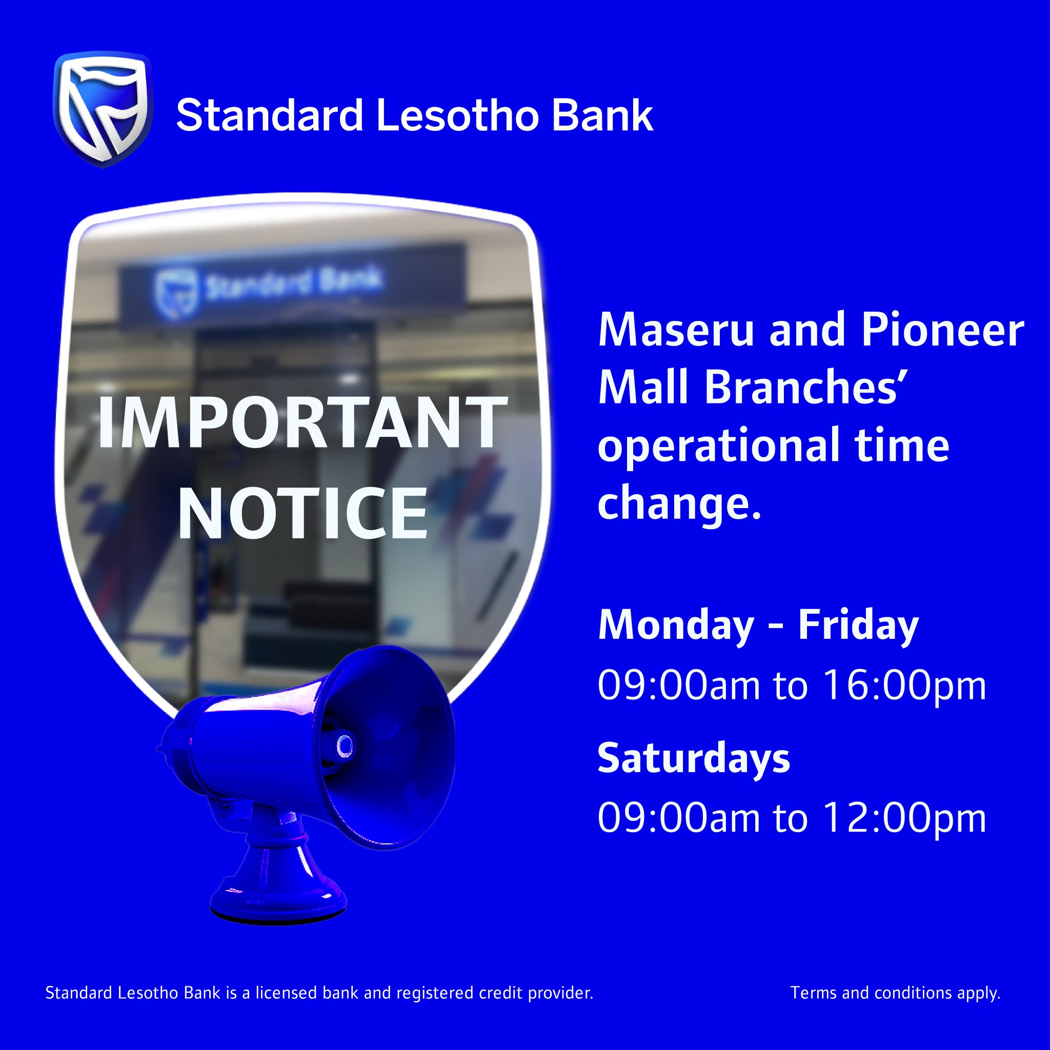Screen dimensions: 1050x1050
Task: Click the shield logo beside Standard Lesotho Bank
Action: coord(102,109)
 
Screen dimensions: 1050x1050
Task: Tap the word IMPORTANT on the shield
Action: coord(302,422)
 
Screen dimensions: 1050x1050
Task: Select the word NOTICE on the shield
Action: coord(302,513)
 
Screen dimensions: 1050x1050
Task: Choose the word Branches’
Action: coord(807,389)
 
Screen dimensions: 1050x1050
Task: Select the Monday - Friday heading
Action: coord(758,625)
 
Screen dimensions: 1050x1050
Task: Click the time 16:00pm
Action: coord(904,685)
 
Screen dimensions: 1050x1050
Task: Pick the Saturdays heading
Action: coord(694,758)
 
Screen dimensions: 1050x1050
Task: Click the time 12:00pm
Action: coord(904,818)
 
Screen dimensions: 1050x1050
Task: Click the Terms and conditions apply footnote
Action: coord(895,994)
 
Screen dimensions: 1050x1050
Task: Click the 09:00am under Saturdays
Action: coord(678,818)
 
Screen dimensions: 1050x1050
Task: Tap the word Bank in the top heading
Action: coord(602,115)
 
